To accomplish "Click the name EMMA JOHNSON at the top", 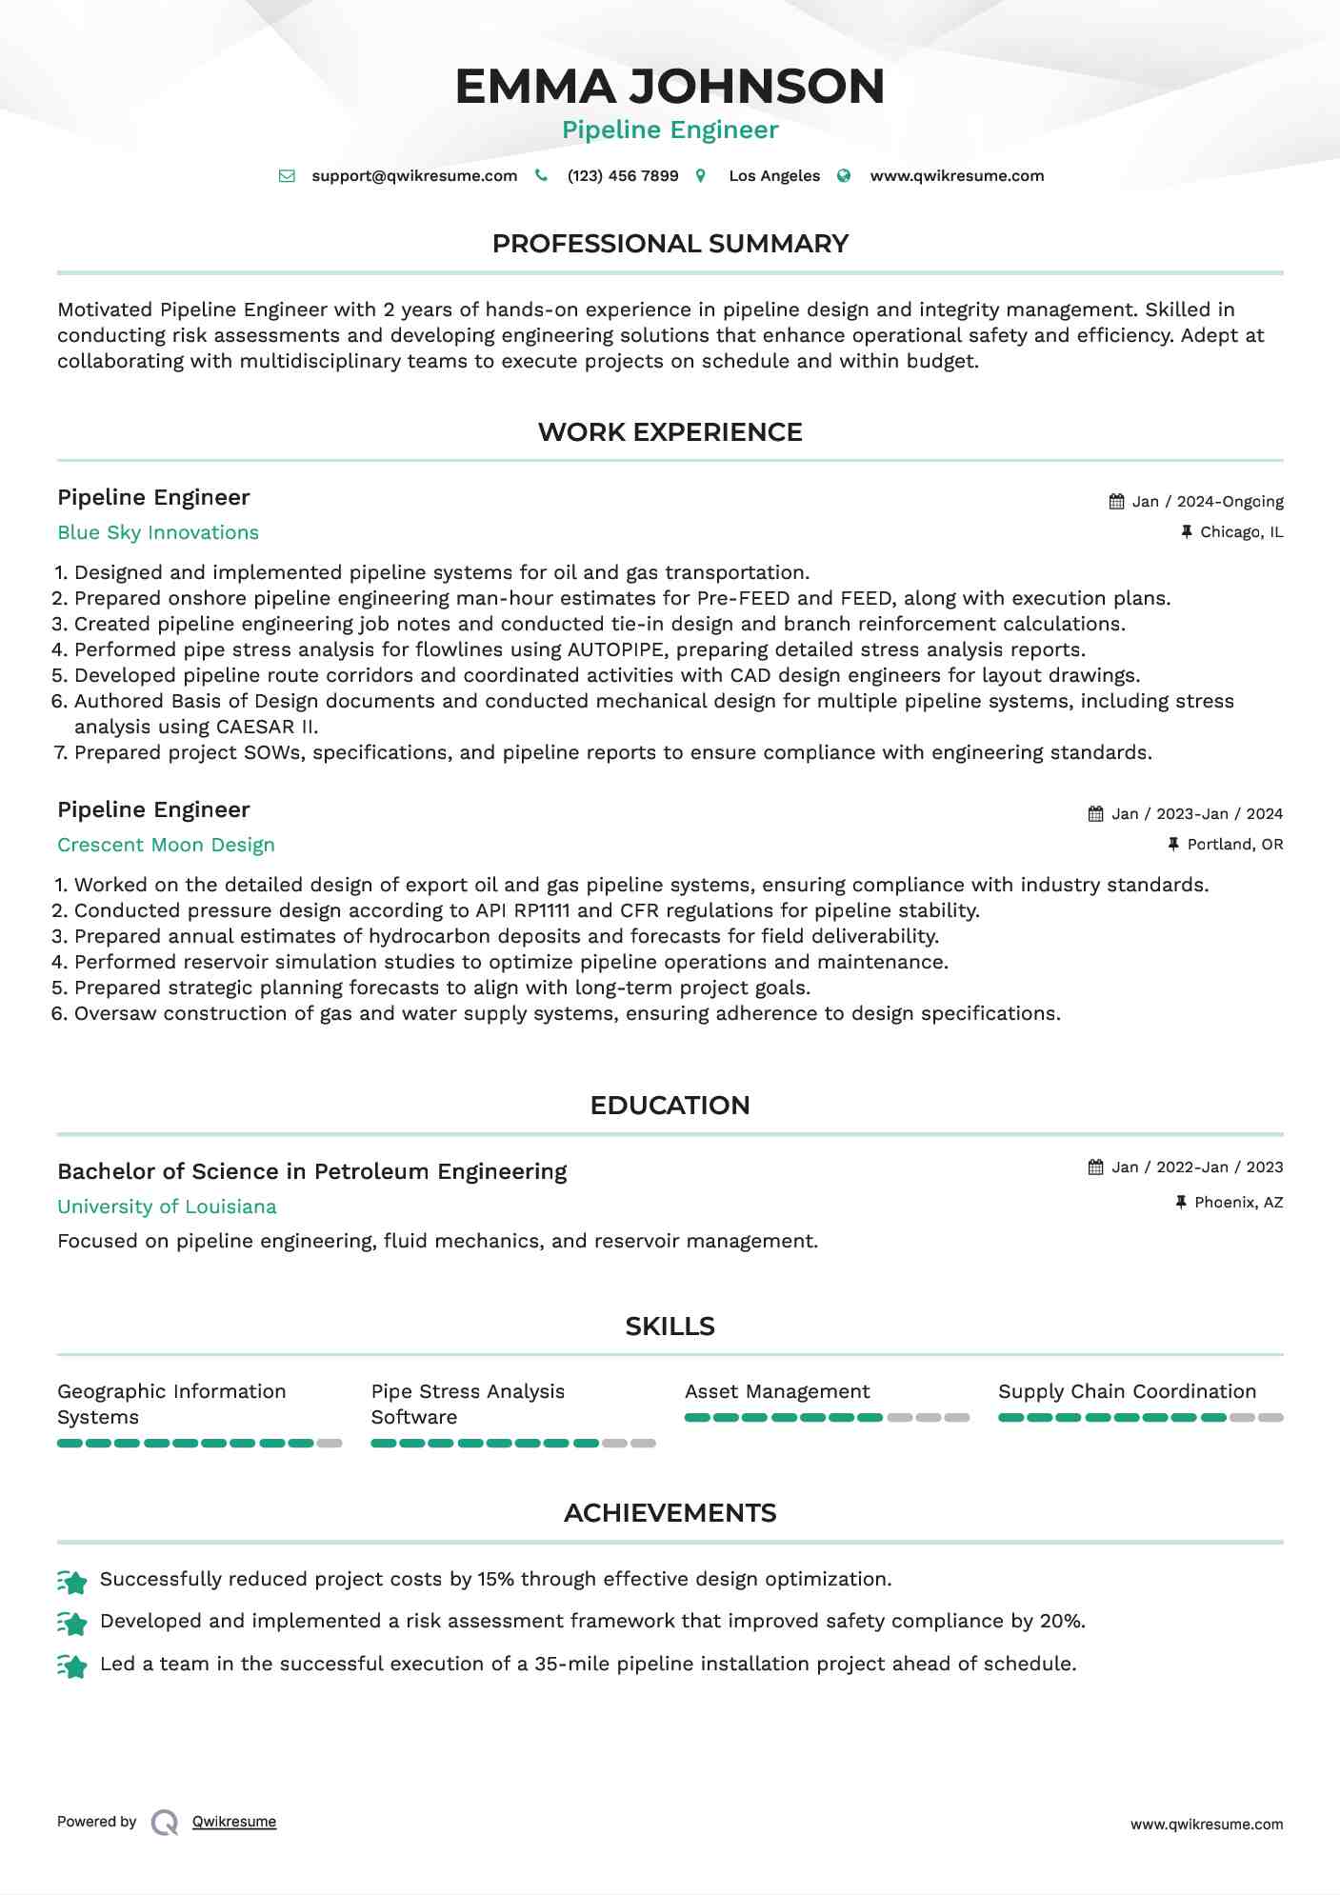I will [x=670, y=86].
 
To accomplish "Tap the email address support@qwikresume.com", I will [x=414, y=176].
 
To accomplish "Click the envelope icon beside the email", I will [x=287, y=176].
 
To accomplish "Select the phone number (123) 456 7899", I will [x=623, y=176].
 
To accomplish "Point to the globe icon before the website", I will [x=844, y=176].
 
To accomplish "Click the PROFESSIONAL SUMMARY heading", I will [x=670, y=244].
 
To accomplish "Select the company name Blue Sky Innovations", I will [x=158, y=532].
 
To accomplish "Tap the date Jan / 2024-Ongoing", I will [x=1208, y=502].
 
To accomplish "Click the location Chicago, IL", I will [x=1241, y=532].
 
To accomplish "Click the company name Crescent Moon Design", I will [x=166, y=845].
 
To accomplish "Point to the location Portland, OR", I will [x=1234, y=845].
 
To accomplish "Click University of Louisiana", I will [x=167, y=1207].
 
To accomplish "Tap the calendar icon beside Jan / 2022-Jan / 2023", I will [x=1096, y=1167].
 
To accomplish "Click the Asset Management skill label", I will [x=777, y=1392].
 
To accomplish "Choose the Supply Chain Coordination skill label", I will [x=1127, y=1392].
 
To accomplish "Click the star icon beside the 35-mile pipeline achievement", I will [x=72, y=1666].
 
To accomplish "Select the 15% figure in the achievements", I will [x=495, y=1580].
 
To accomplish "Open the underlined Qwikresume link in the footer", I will [x=234, y=1822].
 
